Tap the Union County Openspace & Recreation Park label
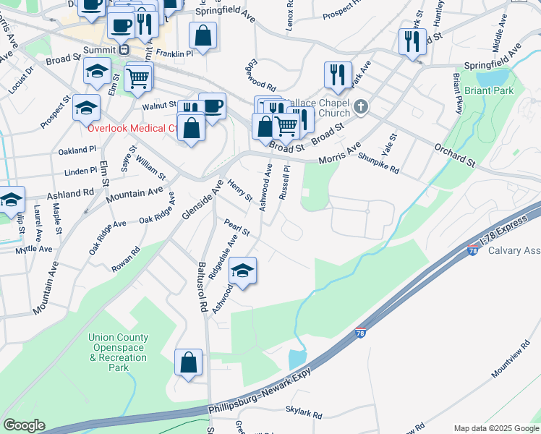tap(119, 352)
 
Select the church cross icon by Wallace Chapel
tap(360, 108)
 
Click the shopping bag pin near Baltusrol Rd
tap(189, 363)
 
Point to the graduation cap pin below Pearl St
tap(243, 272)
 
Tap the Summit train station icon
tap(124, 50)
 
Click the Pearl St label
tap(237, 228)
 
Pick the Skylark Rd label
tap(304, 413)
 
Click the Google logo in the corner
tap(24, 425)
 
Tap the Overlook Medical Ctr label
tap(132, 129)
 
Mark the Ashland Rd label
tap(71, 194)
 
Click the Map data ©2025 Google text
tap(495, 428)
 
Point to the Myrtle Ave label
tap(33, 249)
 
